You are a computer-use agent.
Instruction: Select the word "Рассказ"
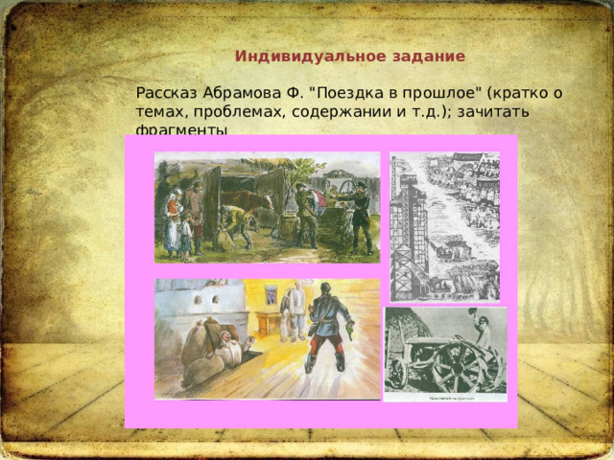[x=167, y=94]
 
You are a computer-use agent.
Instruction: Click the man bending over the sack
[x=233, y=222]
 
